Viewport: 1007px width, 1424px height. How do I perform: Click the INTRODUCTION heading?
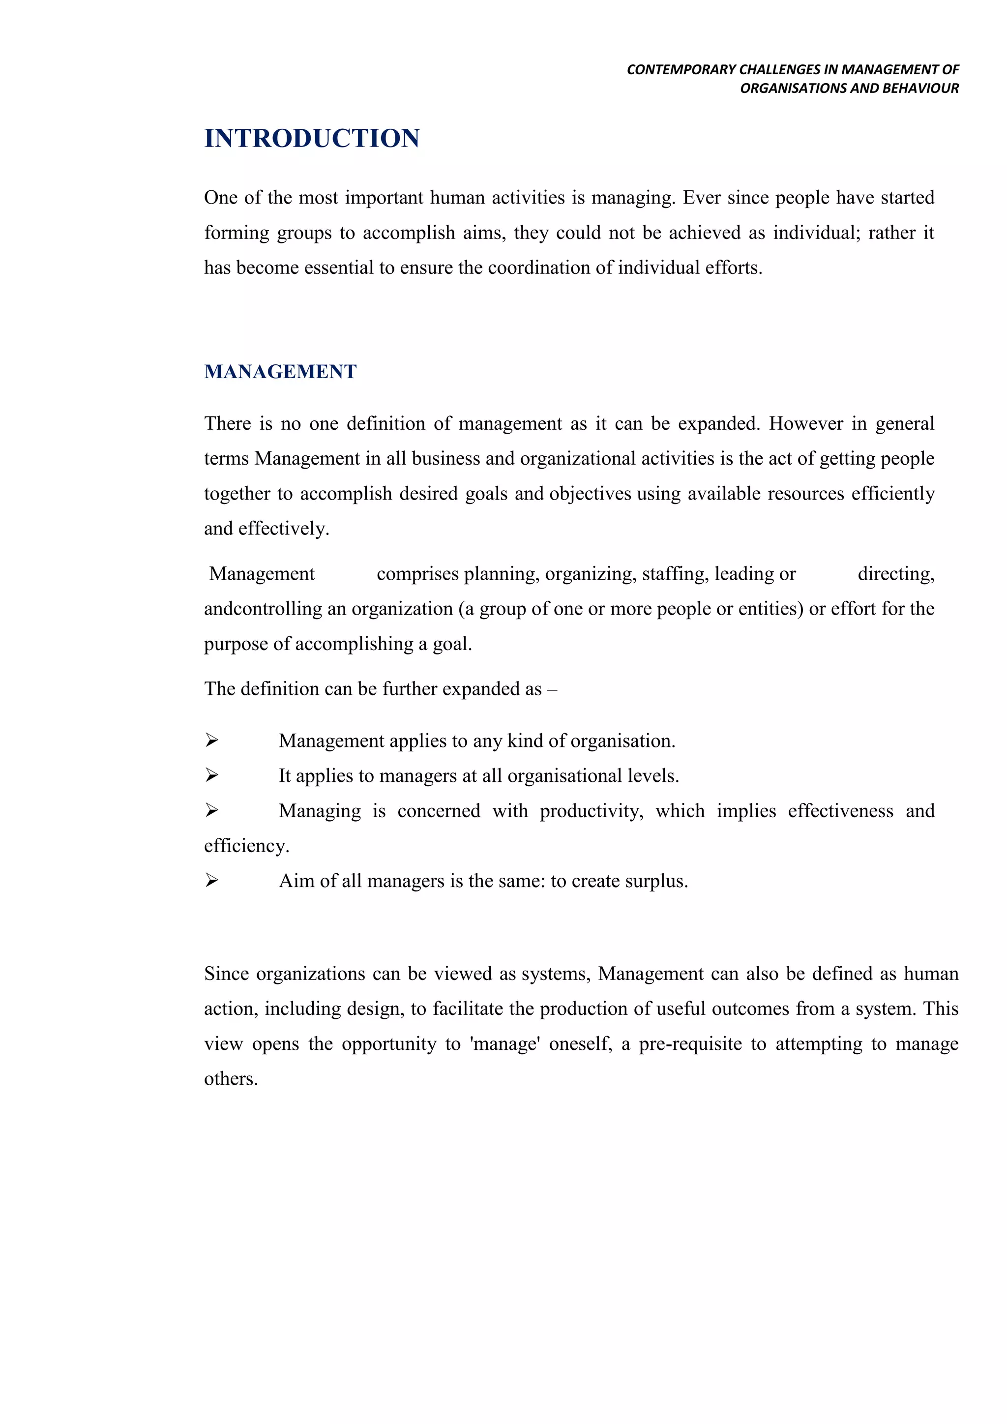click(x=312, y=138)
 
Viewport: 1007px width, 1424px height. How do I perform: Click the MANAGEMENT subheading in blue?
click(x=280, y=372)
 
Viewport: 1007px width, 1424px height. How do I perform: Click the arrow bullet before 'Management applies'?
click(x=212, y=740)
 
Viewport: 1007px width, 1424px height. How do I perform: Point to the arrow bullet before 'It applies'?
click(x=212, y=775)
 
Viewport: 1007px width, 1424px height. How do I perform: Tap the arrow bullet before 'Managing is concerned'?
click(x=212, y=810)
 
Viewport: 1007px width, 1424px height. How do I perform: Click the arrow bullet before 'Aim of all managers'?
click(x=212, y=880)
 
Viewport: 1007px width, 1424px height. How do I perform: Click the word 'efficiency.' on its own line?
click(x=246, y=846)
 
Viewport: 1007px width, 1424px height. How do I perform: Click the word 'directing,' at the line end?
click(x=895, y=574)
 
